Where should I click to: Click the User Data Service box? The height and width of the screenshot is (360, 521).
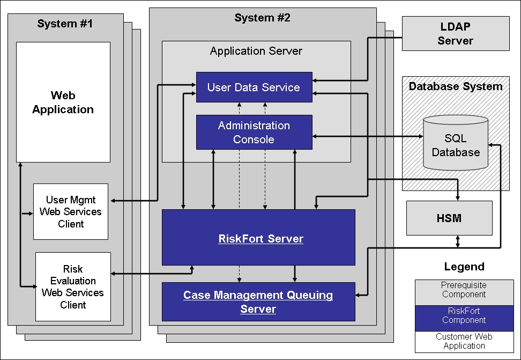(254, 87)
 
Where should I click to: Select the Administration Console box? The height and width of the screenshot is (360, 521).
(254, 132)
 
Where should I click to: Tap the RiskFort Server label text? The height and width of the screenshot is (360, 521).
(260, 239)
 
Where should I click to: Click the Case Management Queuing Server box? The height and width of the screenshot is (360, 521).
(258, 302)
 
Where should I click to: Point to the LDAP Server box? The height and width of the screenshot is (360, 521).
(455, 33)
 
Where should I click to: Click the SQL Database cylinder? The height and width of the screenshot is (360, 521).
(456, 145)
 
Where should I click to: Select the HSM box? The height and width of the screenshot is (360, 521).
(449, 218)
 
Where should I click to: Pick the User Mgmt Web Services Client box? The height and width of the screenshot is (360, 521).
(70, 211)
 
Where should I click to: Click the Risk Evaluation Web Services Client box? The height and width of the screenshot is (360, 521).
(72, 286)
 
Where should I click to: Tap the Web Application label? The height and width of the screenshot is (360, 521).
(63, 102)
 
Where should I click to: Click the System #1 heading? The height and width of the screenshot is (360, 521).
(65, 23)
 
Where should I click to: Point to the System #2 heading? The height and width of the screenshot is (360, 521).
(262, 18)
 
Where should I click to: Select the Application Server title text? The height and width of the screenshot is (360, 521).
(256, 52)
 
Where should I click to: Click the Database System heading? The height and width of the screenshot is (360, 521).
(456, 86)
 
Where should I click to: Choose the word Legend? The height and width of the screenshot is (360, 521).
(464, 267)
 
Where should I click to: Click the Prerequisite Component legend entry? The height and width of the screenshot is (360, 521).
(464, 290)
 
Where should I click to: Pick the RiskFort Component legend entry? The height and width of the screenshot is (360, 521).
(464, 315)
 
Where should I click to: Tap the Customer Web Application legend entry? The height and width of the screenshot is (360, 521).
(464, 341)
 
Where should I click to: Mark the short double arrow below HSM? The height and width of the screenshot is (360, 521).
(457, 241)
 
